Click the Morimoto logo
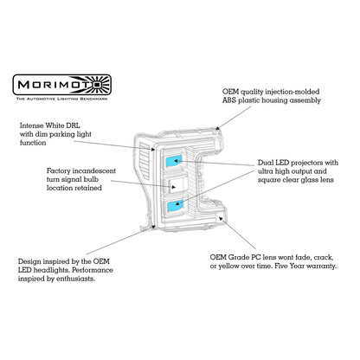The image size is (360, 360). tap(62, 85)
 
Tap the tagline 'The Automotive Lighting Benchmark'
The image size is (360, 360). tap(62, 99)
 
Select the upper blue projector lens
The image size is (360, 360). tap(174, 161)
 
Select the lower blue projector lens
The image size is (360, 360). tap(175, 206)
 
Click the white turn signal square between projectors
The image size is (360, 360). tap(177, 184)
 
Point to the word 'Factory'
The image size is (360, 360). tap(59, 171)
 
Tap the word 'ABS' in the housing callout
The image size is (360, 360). tap(229, 100)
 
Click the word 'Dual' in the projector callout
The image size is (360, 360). tap(266, 163)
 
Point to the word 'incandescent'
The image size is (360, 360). tap(93, 171)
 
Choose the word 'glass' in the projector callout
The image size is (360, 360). tap(310, 180)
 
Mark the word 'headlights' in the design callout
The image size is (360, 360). tap(51, 271)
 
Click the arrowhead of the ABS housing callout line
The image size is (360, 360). tap(218, 127)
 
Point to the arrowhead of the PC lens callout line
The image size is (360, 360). tap(221, 219)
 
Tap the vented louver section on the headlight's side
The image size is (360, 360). tap(145, 159)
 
